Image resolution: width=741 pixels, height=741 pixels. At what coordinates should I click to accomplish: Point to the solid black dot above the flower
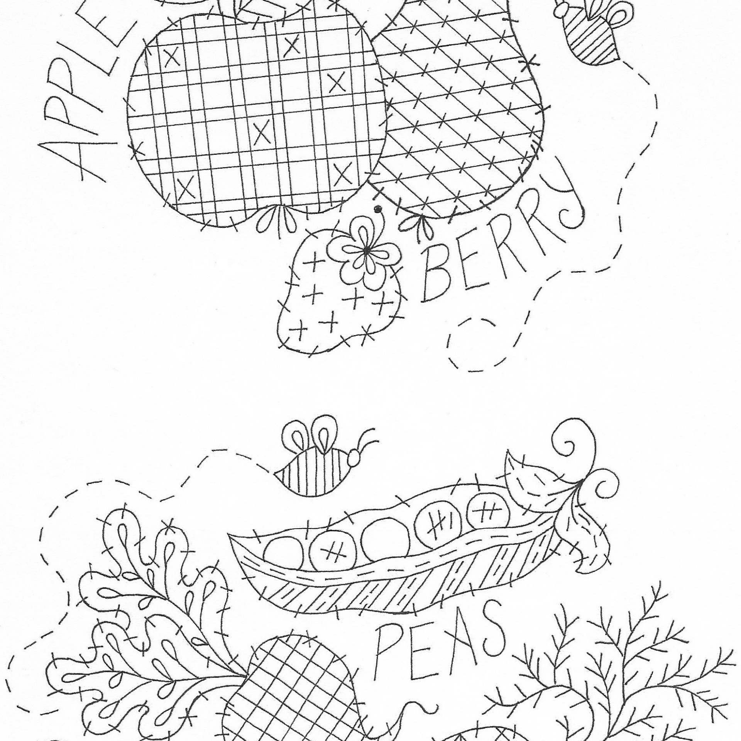coord(378,209)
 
